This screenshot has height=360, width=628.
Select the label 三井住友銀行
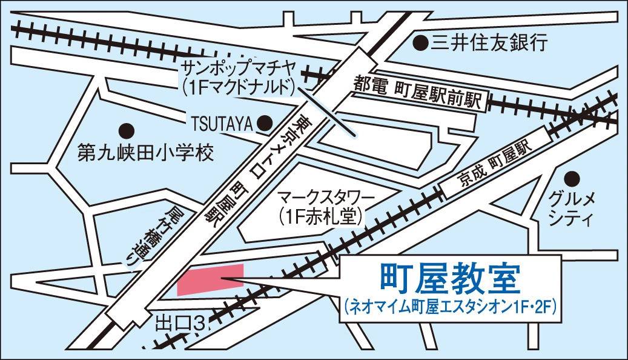point(489,42)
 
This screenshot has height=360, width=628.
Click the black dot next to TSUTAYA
point(265,123)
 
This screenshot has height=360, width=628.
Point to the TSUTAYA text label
point(222,124)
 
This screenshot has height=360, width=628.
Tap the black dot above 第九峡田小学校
point(126,129)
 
